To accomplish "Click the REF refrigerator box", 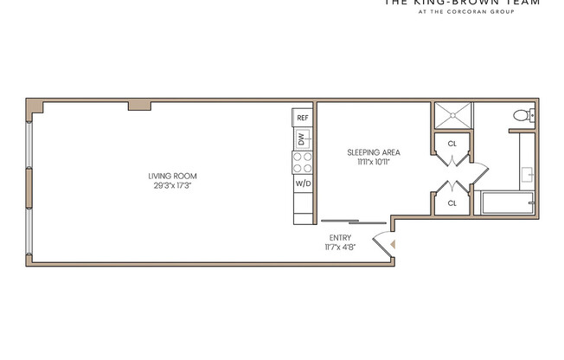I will click(302, 117).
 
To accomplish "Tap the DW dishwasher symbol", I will click(302, 138).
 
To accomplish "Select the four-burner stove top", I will click(302, 163).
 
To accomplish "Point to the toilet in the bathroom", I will click(523, 115).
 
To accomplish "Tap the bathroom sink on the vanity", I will click(528, 173).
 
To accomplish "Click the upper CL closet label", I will click(452, 145).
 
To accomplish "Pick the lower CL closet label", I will click(452, 203).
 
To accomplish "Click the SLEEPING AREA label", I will click(373, 152).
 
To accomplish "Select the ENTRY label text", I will click(339, 238).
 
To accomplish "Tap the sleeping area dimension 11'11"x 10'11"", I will click(373, 162).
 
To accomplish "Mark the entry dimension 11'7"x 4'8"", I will click(339, 247).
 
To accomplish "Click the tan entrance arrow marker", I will click(394, 245).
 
